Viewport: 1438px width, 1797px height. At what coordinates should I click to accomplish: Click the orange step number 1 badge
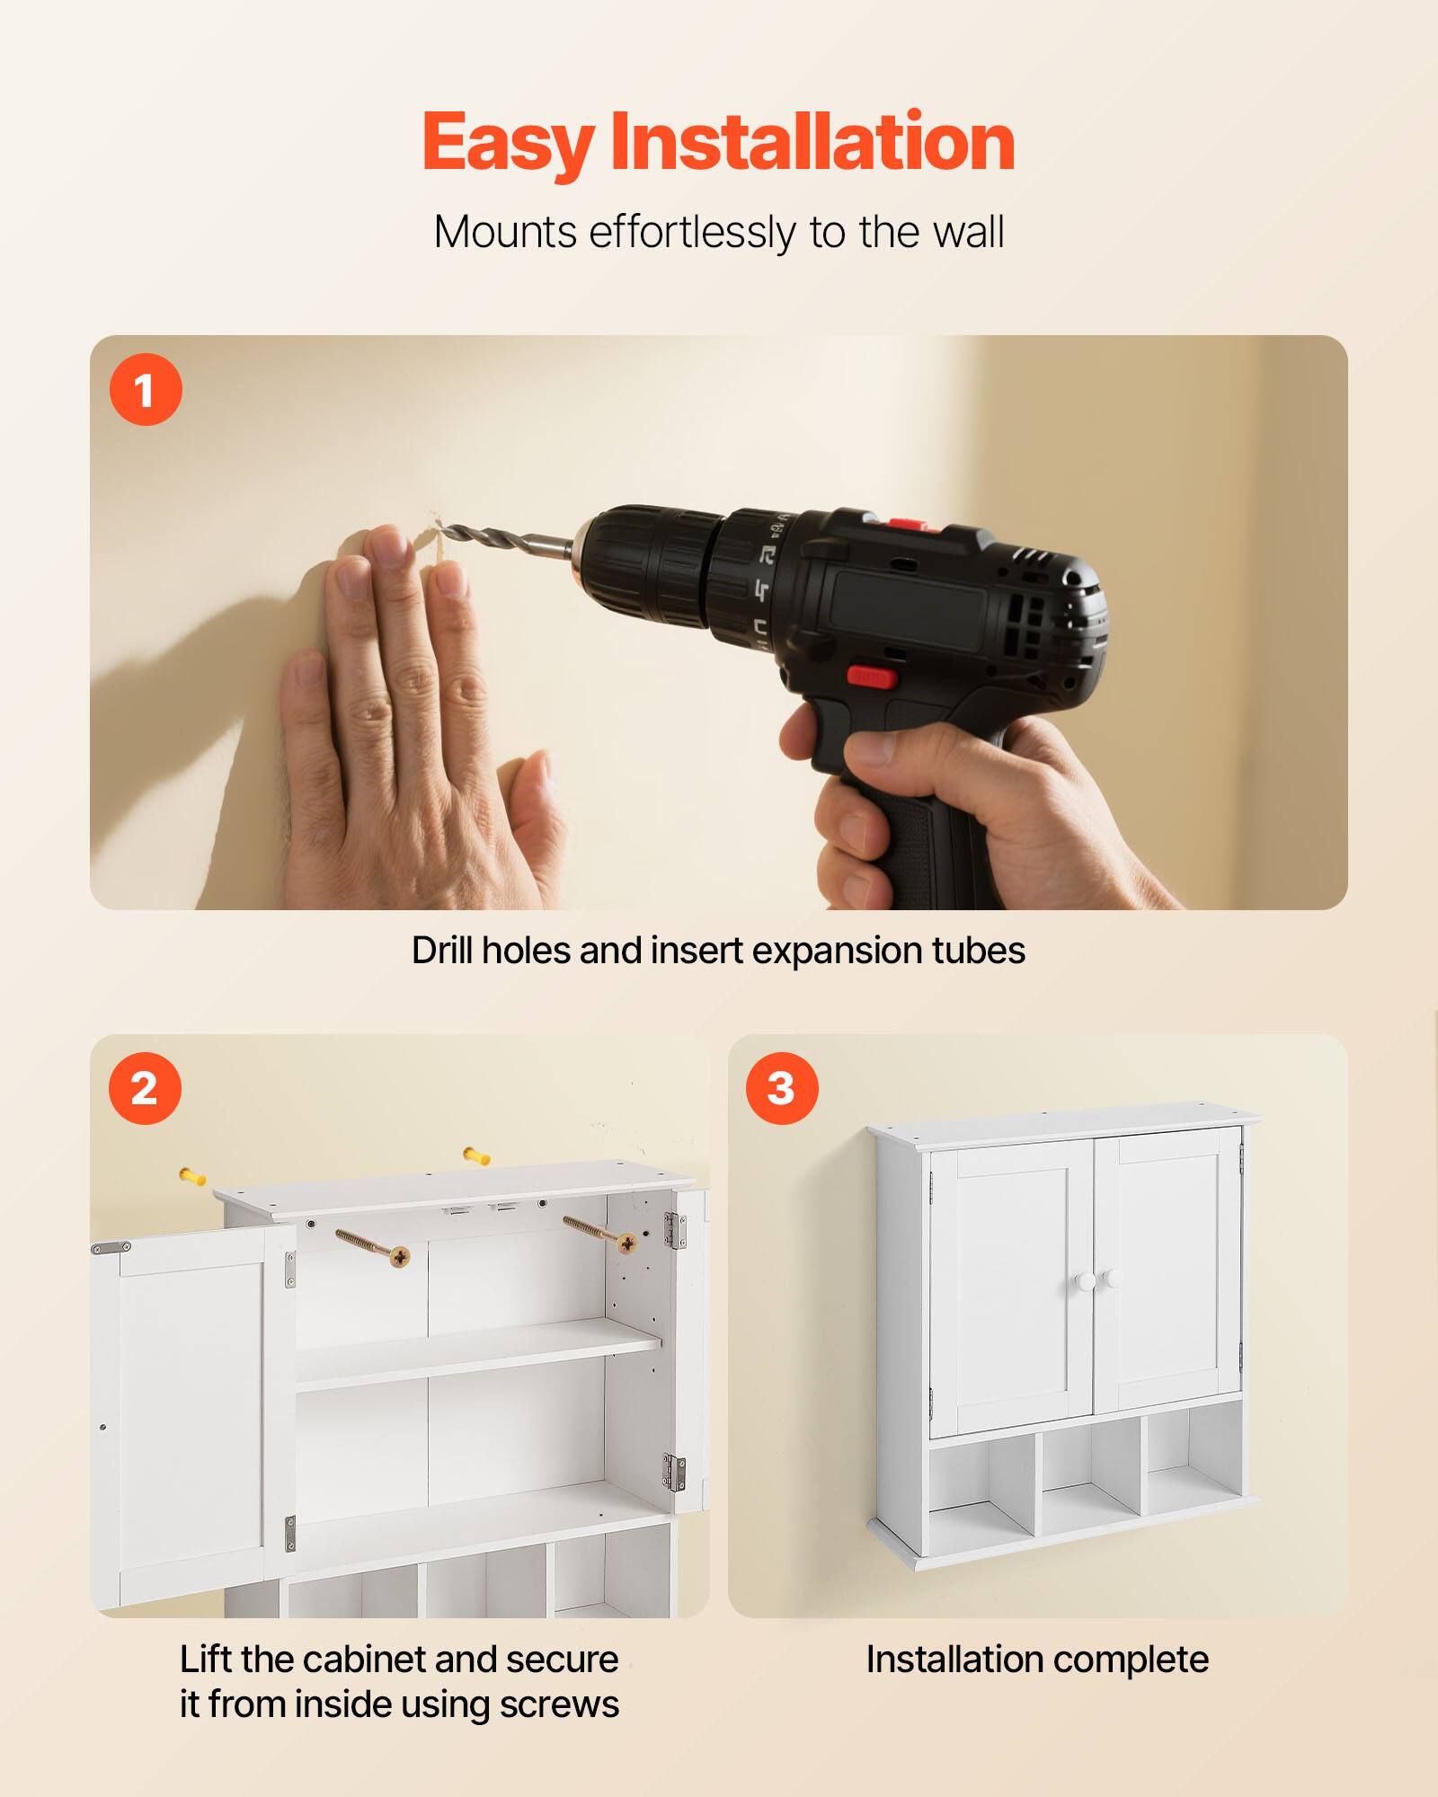click(146, 390)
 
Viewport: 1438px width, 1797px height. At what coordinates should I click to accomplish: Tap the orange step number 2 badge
click(145, 1089)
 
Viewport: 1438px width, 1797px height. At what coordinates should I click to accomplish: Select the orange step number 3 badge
click(782, 1089)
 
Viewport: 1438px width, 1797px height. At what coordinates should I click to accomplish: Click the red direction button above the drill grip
click(871, 677)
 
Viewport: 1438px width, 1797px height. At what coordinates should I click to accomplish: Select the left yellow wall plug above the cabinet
click(192, 1175)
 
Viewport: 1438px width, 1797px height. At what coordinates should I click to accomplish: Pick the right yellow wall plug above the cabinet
click(476, 1156)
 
